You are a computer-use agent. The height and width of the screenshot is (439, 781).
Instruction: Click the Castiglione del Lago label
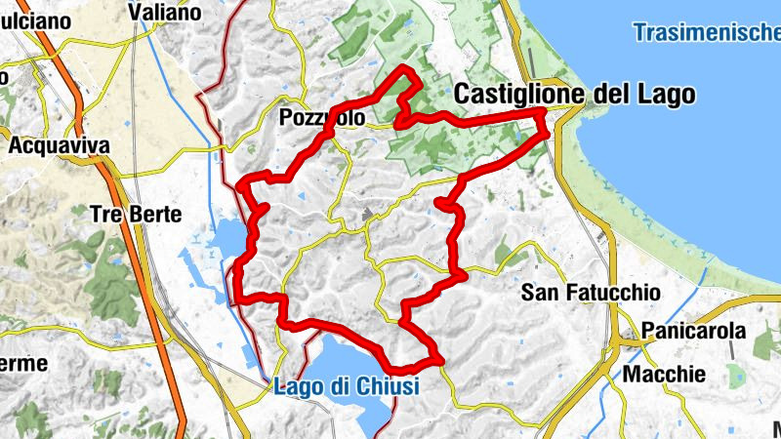575,95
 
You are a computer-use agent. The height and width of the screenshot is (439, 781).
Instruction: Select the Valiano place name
165,13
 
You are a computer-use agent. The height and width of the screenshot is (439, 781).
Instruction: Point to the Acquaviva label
59,145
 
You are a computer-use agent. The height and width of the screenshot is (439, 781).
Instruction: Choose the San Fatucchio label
591,292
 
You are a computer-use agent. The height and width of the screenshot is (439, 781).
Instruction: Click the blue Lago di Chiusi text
347,386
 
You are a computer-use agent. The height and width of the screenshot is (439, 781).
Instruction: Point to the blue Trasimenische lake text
706,32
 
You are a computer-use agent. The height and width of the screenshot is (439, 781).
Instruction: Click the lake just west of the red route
226,237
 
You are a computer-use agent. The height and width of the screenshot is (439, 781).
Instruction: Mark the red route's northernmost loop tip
405,68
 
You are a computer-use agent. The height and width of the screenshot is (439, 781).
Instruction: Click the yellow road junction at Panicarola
639,342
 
